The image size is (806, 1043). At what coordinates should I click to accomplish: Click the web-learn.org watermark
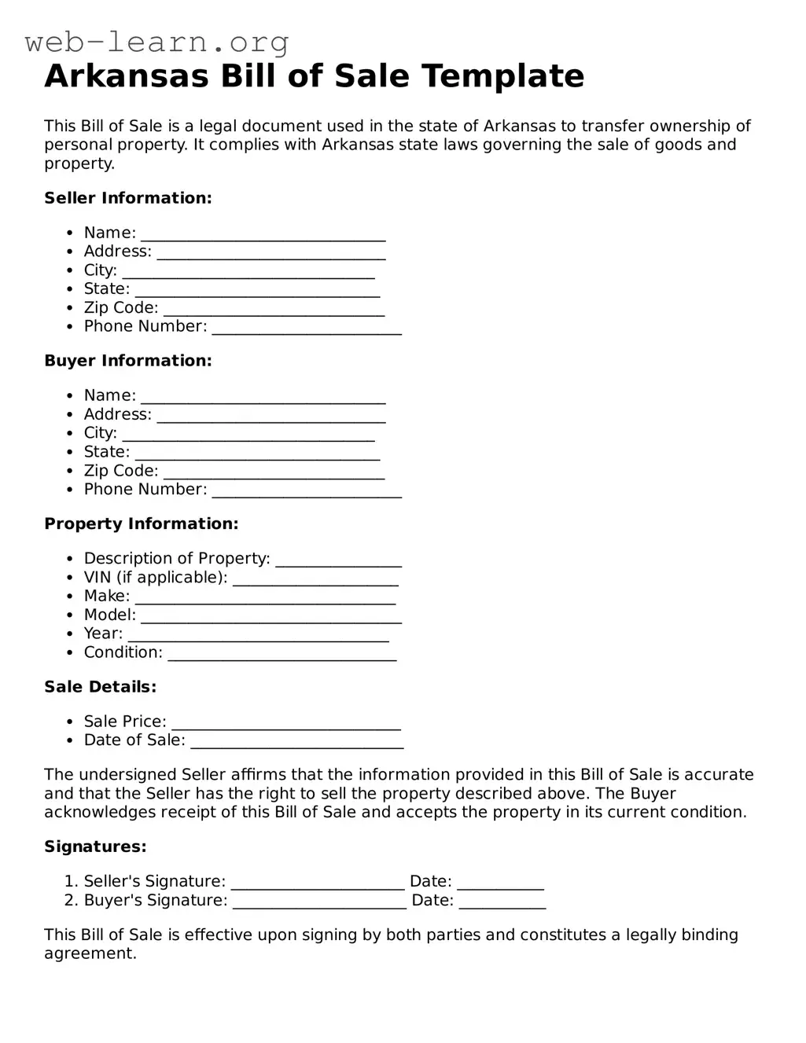click(156, 42)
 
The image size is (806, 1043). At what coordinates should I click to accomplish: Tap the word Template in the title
click(502, 76)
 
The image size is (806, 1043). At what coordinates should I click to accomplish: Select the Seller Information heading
click(128, 198)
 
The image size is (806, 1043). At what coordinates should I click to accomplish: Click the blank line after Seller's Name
click(263, 236)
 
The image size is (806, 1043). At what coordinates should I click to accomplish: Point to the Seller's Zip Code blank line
click(274, 311)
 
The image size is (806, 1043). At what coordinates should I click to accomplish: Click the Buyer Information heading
click(128, 361)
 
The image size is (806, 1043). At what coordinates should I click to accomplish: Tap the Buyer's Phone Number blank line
click(307, 493)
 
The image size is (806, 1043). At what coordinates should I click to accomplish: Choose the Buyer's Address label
click(117, 414)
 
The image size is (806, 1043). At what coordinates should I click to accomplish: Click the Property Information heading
click(141, 523)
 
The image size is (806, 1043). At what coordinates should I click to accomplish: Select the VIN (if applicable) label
click(155, 577)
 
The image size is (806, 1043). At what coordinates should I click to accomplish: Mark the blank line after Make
click(265, 600)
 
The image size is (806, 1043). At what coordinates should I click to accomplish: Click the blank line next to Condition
click(282, 656)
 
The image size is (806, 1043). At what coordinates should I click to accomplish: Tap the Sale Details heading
click(100, 687)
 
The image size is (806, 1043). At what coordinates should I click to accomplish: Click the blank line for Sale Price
click(286, 725)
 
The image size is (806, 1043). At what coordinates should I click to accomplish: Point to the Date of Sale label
click(134, 740)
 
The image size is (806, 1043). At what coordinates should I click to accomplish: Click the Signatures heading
click(95, 847)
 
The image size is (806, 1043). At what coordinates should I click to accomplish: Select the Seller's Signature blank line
click(318, 885)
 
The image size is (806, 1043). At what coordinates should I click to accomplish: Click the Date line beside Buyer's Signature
click(502, 904)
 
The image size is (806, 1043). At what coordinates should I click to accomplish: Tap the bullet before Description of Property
click(70, 559)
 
